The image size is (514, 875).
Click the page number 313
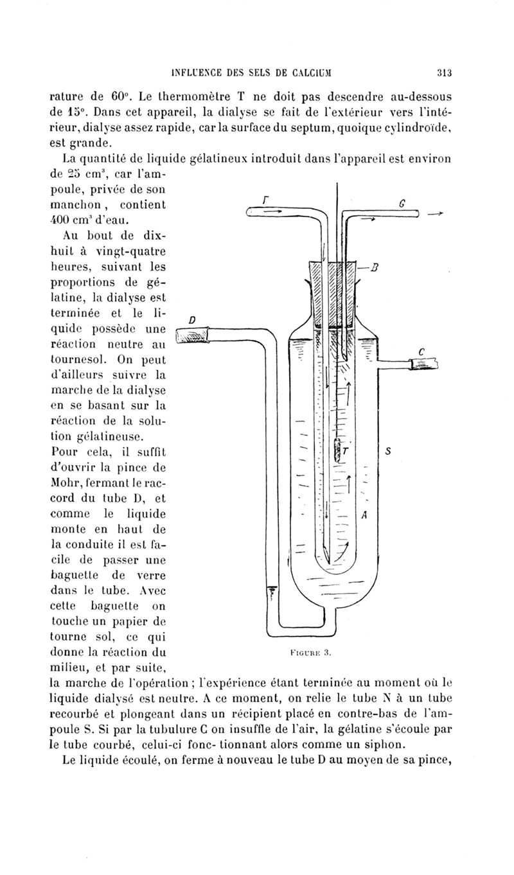[444, 72]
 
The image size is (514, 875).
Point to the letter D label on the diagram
[192, 319]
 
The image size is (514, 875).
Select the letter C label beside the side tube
[421, 351]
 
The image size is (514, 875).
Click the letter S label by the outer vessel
[388, 452]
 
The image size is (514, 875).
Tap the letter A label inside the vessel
[364, 515]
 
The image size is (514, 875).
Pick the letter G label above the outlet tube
[402, 205]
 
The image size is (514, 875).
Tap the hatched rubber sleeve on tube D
[193, 335]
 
